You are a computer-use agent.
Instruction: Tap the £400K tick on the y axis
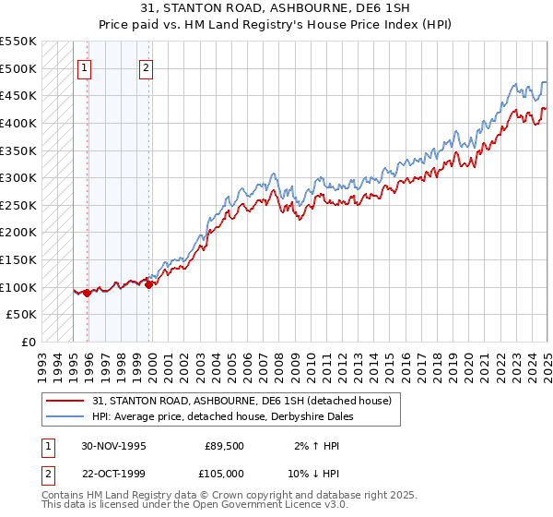click(x=18, y=123)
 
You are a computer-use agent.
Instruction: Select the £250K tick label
click(x=18, y=205)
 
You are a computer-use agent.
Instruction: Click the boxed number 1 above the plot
click(x=84, y=66)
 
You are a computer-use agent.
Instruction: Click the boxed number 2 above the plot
click(x=147, y=66)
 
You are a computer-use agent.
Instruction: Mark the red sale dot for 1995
click(x=87, y=293)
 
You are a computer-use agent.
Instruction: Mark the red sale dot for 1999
click(x=148, y=284)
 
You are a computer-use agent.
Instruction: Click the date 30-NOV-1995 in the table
click(x=114, y=445)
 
